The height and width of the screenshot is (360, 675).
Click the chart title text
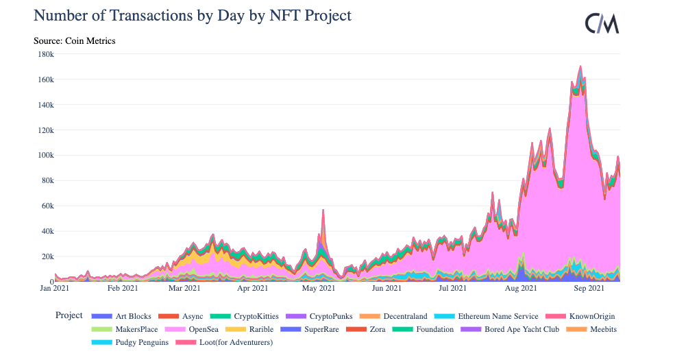[x=193, y=15]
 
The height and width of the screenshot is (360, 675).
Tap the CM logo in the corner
[x=602, y=24]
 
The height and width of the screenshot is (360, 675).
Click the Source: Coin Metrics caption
[x=75, y=41]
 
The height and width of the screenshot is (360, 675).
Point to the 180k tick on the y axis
[x=45, y=54]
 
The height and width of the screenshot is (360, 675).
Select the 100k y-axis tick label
[x=45, y=156]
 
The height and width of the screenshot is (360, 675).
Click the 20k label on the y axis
[x=47, y=256]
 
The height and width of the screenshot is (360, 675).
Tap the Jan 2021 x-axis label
[x=55, y=289]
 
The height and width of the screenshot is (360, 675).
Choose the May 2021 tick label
[x=319, y=289]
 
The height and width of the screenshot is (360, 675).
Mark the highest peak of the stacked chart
[x=580, y=67]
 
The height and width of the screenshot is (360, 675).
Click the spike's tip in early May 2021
[x=323, y=210]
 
